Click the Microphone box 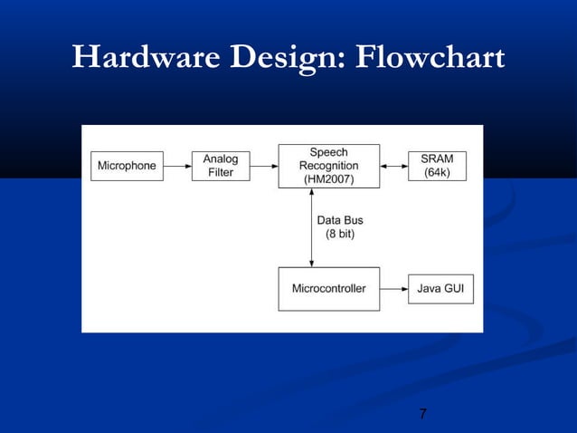click(127, 166)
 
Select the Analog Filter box click(221, 166)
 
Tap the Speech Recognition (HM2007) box click(328, 166)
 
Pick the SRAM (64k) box click(437, 166)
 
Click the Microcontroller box click(328, 289)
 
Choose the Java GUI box click(440, 289)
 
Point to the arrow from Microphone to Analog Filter click(177, 166)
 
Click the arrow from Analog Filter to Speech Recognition click(263, 166)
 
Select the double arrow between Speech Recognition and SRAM click(393, 166)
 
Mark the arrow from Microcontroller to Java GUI click(393, 289)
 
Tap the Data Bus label click(340, 220)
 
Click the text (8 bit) click(340, 235)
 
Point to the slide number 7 click(423, 415)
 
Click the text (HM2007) click(328, 179)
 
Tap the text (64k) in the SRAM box click(437, 173)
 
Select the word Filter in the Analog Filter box click(221, 173)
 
